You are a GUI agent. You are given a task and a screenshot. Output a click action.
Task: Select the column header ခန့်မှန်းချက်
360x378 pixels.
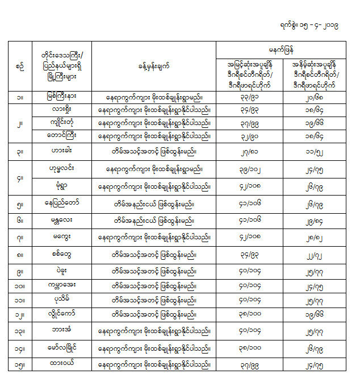pyautogui.click(x=153, y=66)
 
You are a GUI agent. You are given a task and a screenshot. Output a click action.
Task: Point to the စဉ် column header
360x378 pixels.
pyautogui.click(x=20, y=66)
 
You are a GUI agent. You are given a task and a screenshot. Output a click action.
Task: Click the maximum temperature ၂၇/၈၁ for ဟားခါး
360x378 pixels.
pyautogui.click(x=249, y=152)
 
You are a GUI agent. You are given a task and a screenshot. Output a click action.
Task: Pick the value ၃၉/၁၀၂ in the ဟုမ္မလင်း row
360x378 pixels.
pyautogui.click(x=249, y=169)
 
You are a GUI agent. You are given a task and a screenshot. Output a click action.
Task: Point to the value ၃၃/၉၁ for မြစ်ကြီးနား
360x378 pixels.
pyautogui.click(x=249, y=98)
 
